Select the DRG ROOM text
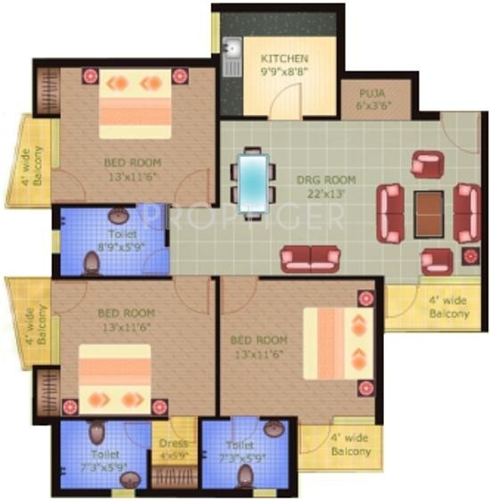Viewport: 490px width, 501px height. (321, 179)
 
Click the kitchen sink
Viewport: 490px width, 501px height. (231, 54)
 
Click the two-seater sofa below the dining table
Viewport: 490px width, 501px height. (306, 259)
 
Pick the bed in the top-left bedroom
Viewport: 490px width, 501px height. (135, 104)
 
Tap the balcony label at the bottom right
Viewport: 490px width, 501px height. (351, 446)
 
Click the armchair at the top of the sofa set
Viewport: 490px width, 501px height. (427, 164)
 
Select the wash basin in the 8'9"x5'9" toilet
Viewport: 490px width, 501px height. (118, 214)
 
